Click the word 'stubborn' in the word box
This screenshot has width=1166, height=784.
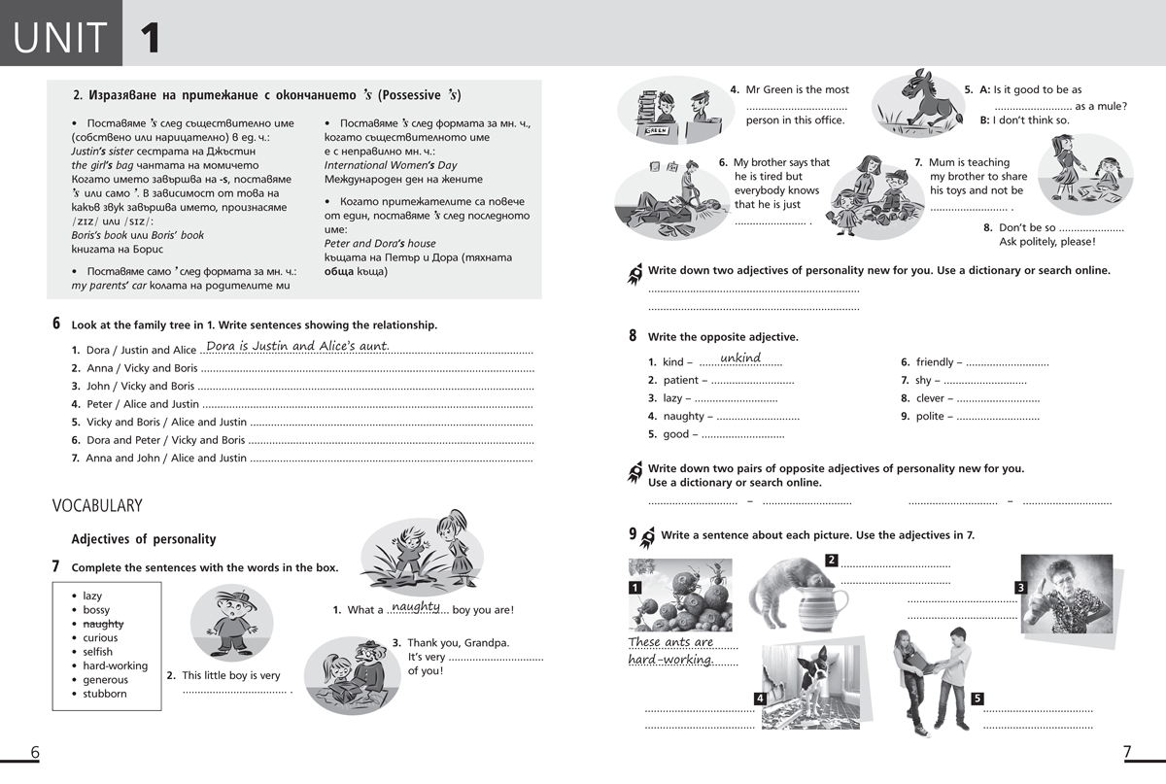(105, 694)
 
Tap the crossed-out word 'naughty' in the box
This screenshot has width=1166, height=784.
(103, 624)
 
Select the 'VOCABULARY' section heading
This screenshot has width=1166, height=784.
(97, 505)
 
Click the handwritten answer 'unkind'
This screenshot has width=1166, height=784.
(740, 358)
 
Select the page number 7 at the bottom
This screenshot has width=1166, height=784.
(1127, 752)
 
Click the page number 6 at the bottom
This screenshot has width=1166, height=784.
(35, 752)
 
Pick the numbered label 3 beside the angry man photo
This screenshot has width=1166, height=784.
(1020, 587)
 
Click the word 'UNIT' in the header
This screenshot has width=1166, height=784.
(60, 37)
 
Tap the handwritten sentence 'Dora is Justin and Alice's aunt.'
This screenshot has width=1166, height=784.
(297, 347)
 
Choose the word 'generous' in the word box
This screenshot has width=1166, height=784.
(105, 680)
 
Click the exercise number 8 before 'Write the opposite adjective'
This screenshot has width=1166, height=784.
(633, 336)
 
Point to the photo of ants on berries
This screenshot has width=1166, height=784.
(680, 595)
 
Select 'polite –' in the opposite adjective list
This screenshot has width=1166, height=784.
(932, 417)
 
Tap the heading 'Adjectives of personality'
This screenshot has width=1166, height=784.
(144, 539)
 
